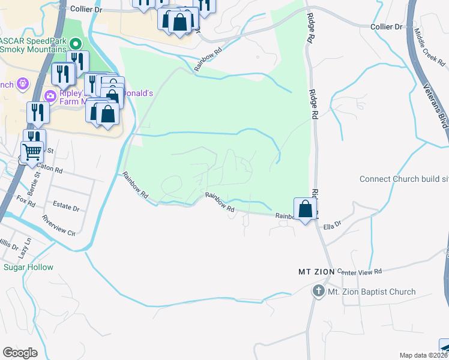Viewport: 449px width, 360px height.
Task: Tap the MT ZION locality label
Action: [x=316, y=272]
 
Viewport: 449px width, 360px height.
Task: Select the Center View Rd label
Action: [x=359, y=272]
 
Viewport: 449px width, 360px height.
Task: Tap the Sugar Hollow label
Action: [x=28, y=267]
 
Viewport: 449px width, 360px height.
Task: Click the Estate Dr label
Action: [x=66, y=208]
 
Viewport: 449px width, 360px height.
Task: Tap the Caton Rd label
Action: [x=49, y=170]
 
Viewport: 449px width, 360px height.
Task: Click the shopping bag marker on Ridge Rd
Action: [x=306, y=209]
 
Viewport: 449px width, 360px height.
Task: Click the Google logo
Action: [x=20, y=353]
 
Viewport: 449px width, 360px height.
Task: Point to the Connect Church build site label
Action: [x=403, y=179]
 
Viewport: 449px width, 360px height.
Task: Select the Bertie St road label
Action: [x=36, y=181]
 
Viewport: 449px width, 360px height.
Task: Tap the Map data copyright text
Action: [x=424, y=355]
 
